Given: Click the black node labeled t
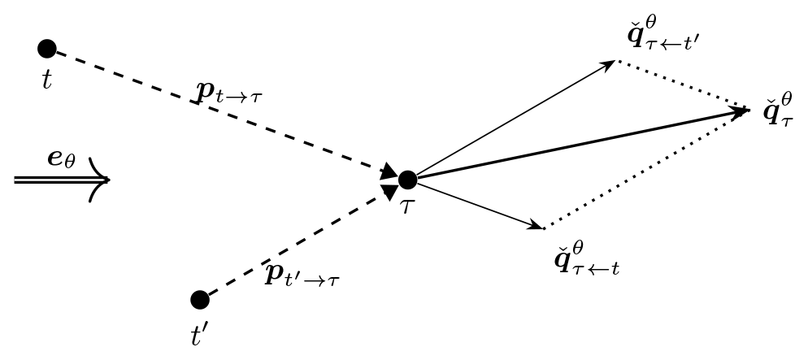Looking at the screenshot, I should point(47,49).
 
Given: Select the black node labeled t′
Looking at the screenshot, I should point(200,300).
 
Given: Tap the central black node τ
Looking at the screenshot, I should point(407,180).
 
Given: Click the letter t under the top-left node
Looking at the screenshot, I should point(46,78).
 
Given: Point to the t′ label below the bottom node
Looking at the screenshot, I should point(201,335).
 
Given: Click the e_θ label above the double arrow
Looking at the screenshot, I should point(62,158).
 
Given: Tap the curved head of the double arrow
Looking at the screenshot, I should point(99,180).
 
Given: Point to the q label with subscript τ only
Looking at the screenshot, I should point(778,109).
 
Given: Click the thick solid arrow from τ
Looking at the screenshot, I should point(577,144).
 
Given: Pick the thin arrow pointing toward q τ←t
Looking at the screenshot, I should point(480,205).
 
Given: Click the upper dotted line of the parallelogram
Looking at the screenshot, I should point(683,85).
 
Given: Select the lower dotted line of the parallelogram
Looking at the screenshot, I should point(646,169).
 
